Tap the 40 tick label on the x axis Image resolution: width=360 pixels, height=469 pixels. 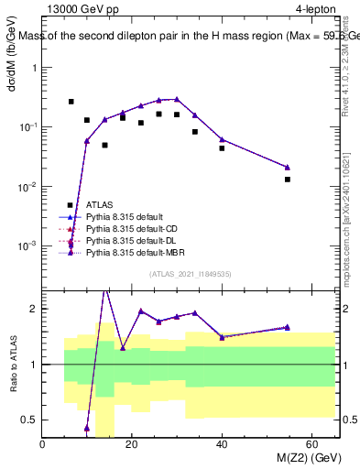tap(222, 444)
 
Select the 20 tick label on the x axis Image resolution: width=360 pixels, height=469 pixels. tap(132, 444)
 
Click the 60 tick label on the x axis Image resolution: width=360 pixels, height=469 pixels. tap(311, 444)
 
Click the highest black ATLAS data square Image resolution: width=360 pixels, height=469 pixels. tap(71, 102)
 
